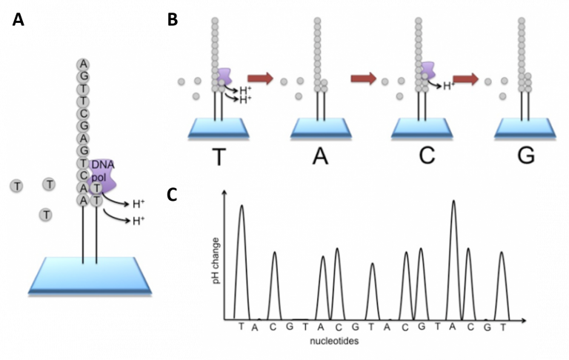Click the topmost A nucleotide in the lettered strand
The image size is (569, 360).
(84, 63)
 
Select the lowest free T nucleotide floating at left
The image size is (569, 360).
(46, 215)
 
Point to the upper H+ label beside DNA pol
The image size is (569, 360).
(139, 201)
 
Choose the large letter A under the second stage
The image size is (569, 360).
(320, 157)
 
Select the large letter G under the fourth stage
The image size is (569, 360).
(525, 157)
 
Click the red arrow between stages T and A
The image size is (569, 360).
(260, 78)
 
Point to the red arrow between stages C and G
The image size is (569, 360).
(465, 78)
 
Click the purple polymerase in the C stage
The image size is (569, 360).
(427, 71)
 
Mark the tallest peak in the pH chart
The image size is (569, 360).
(453, 201)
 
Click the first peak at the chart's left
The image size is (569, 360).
(241, 207)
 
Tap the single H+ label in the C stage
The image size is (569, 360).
(447, 86)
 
